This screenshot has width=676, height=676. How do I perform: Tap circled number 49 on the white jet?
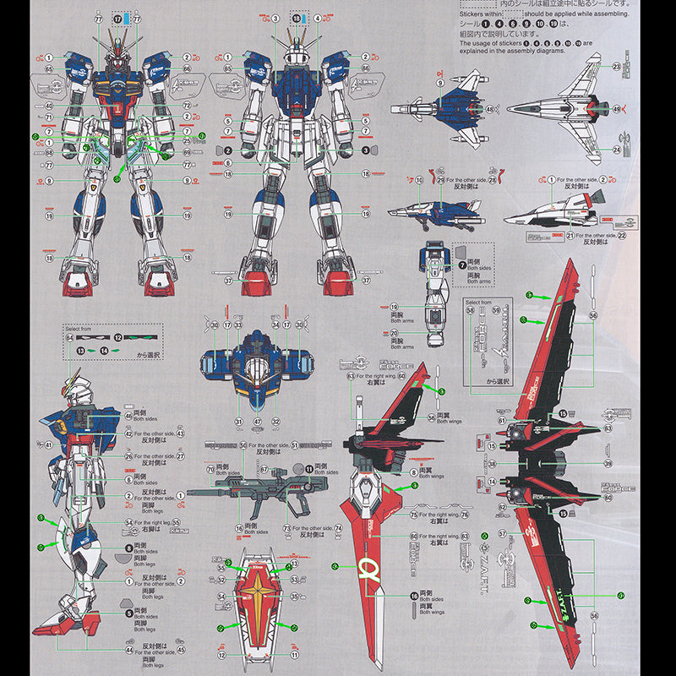click(x=616, y=108)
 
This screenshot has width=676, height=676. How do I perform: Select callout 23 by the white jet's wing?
click(x=617, y=66)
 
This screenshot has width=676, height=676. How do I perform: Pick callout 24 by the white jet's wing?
click(x=617, y=150)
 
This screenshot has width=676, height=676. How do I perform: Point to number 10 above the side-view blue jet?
click(x=418, y=181)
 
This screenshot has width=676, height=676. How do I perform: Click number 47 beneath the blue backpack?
click(x=257, y=422)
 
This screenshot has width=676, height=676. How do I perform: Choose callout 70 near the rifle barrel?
click(x=211, y=469)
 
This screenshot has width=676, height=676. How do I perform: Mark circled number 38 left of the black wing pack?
click(x=492, y=465)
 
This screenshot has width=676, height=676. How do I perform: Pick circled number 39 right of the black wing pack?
click(x=608, y=464)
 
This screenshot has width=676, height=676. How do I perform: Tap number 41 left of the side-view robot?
click(x=48, y=445)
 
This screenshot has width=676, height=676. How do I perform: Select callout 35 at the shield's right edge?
click(x=289, y=583)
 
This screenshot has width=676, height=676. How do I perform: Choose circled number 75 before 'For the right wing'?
click(x=414, y=514)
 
